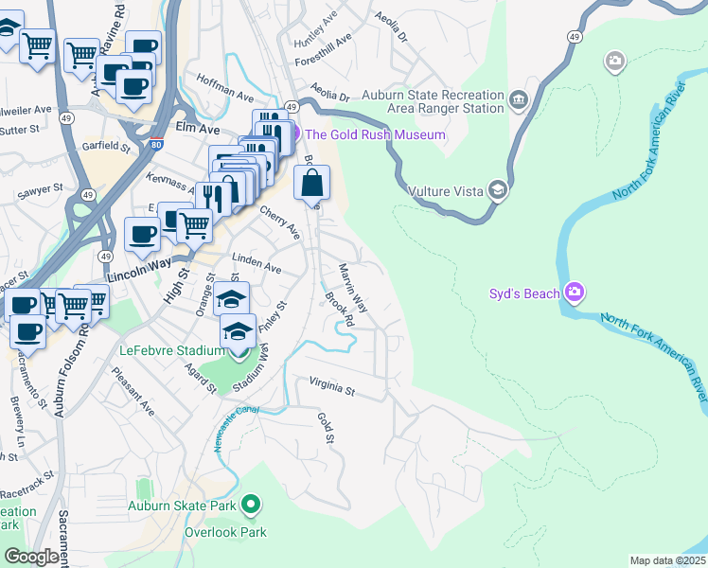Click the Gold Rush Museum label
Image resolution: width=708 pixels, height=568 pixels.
pos(375,134)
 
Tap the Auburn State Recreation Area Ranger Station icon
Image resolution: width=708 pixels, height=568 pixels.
pos(519,99)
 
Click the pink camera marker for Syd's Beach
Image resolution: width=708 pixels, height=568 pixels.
pos(574,293)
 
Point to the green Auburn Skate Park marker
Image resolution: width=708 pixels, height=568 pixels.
pos(251,506)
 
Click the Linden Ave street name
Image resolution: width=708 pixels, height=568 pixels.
pos(257,269)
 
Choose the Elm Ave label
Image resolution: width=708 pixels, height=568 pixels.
pos(198,127)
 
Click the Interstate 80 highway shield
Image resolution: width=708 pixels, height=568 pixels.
pos(155,146)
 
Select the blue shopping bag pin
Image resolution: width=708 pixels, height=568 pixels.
pos(312,183)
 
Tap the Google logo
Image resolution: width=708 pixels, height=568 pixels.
pos(31,557)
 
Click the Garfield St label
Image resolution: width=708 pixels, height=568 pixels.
pos(105,147)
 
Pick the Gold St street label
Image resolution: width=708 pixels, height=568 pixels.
pos(327,427)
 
